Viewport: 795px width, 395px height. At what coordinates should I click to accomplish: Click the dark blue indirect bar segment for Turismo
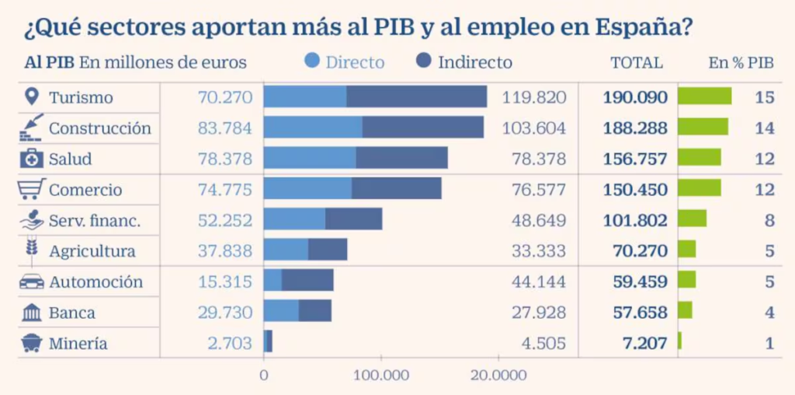416,96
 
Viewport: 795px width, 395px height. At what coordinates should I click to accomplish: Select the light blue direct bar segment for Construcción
313,128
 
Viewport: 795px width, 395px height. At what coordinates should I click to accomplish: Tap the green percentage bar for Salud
699,158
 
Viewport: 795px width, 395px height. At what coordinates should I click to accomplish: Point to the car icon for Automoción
31,281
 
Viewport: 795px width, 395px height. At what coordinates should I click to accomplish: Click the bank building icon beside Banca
32,313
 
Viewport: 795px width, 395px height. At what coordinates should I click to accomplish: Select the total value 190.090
635,97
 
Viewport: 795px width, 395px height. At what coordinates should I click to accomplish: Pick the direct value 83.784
225,128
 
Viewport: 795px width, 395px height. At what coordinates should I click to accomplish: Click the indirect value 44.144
539,281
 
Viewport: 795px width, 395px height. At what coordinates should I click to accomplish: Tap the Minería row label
78,344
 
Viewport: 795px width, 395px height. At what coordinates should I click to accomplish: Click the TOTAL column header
637,63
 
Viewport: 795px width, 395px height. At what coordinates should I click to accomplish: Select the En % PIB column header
741,63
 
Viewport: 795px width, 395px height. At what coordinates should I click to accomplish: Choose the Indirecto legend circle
425,61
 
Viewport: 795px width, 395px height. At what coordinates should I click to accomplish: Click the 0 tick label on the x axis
264,376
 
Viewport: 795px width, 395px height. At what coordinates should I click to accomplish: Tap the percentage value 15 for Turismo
765,97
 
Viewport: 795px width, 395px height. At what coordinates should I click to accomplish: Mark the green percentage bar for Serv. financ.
692,219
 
